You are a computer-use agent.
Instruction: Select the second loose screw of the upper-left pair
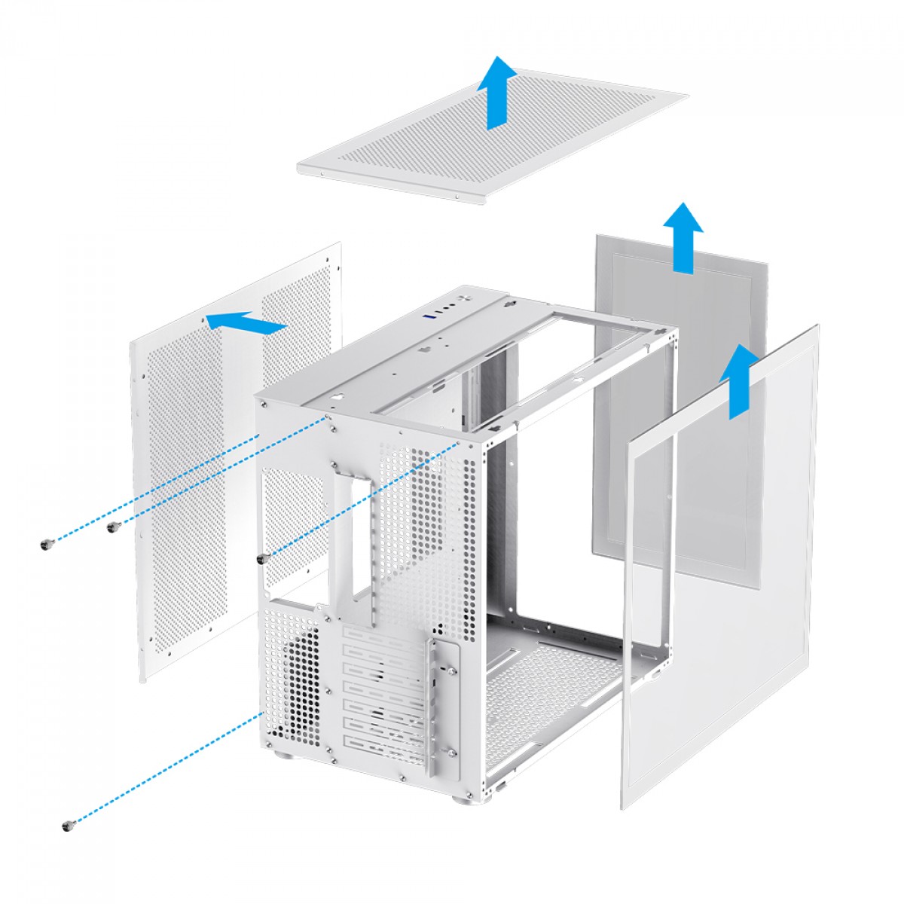pos(113,527)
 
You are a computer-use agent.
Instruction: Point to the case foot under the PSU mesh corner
pos(289,756)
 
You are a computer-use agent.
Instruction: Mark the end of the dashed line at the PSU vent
pos(263,712)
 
